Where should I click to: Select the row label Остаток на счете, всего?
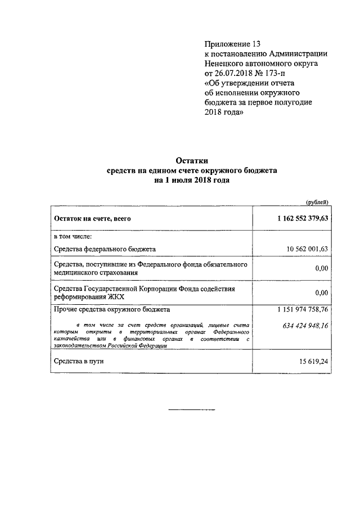92,219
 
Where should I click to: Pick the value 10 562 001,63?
307,248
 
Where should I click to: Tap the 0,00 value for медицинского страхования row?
321,269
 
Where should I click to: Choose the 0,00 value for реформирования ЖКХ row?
321,292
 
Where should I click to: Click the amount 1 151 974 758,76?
303,310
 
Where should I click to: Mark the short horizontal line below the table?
192,409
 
